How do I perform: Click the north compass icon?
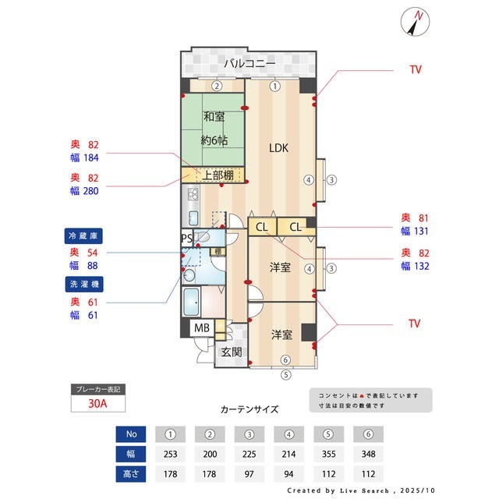[415, 21]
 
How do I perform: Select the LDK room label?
[281, 147]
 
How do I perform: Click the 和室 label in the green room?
[214, 117]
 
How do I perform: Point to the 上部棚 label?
[218, 175]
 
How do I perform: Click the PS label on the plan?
[187, 238]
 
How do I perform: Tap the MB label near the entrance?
[202, 328]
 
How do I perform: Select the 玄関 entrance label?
[232, 352]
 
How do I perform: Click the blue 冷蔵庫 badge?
[85, 235]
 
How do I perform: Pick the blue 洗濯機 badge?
[85, 283]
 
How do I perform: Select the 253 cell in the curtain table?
[170, 454]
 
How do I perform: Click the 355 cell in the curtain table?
[327, 454]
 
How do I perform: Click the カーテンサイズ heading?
[249, 409]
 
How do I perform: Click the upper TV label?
[415, 69]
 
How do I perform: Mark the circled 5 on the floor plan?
[285, 373]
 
